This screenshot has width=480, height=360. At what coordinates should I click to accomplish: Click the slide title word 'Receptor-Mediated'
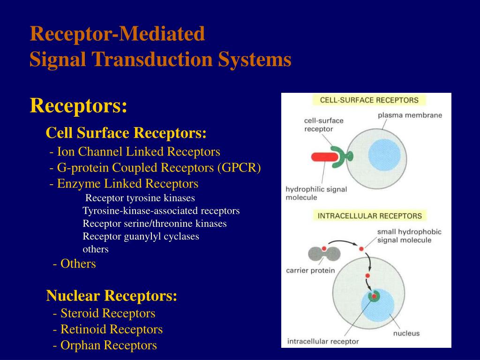tap(117, 34)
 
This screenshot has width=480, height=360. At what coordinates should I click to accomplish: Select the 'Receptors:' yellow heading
tap(78, 105)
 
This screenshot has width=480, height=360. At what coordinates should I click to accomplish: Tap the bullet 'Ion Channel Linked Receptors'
tap(138, 152)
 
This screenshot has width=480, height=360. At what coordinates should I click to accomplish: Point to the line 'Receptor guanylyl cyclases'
tap(141, 236)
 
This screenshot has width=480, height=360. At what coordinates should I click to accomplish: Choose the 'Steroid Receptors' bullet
tap(108, 313)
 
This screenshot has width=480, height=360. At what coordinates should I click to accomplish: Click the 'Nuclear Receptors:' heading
tap(112, 296)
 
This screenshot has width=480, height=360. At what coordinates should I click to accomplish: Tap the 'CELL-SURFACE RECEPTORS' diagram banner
tap(369, 100)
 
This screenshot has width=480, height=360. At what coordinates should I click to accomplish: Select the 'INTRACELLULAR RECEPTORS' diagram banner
tap(369, 216)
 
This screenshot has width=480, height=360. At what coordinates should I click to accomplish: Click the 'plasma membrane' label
tap(410, 115)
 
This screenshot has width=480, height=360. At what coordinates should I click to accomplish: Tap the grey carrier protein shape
tap(324, 254)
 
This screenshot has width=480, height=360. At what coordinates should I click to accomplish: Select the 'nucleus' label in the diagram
tap(406, 333)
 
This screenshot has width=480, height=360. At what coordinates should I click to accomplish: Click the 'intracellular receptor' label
tap(322, 341)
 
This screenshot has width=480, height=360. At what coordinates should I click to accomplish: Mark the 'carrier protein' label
tap(310, 270)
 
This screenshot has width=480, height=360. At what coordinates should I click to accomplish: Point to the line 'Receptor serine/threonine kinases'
tap(155, 224)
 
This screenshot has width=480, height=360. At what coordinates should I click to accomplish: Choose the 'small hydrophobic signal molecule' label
tap(409, 236)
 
